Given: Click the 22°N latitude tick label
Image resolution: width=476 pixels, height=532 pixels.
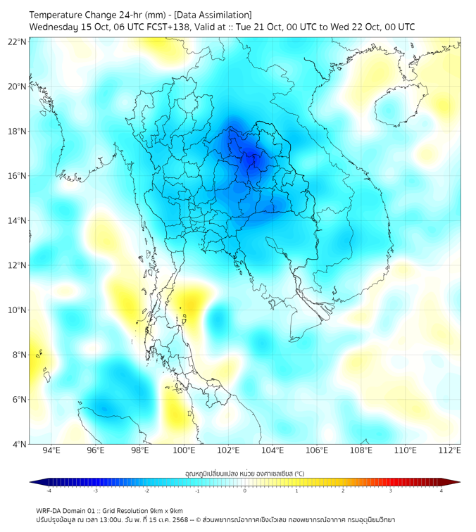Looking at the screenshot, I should coord(18,42).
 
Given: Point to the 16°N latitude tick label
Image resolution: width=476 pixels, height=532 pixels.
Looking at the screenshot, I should coord(18,176).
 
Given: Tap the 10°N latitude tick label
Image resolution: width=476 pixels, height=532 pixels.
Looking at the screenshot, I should coord(18,310).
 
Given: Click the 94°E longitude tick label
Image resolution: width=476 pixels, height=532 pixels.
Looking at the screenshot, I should coord(51,450).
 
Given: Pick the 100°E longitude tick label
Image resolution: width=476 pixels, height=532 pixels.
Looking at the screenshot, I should coord(184,450).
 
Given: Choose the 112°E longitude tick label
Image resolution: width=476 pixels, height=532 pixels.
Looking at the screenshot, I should coord(450,450).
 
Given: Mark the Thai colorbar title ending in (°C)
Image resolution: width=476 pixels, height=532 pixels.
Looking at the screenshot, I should coord(245,473).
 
